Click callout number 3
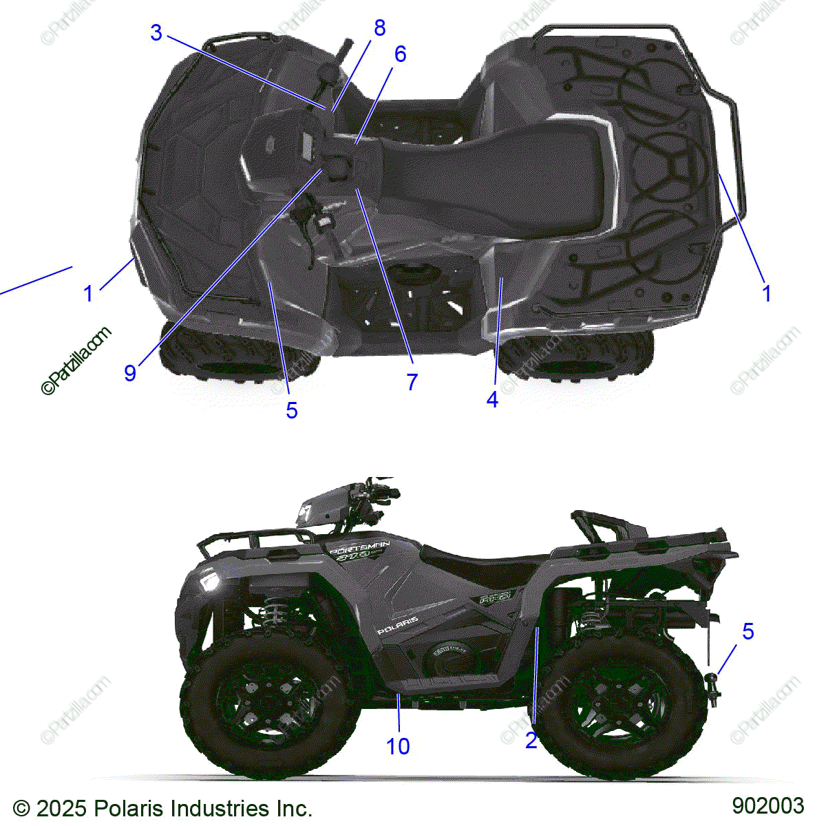[156, 32]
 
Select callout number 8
[379, 28]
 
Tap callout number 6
[400, 54]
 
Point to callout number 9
[130, 372]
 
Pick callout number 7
[412, 382]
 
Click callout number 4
[492, 399]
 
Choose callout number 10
[398, 746]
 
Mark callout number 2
[531, 741]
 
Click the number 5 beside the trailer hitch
[748, 631]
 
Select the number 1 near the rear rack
[766, 294]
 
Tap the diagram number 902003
[767, 805]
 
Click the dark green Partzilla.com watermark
[76, 361]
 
